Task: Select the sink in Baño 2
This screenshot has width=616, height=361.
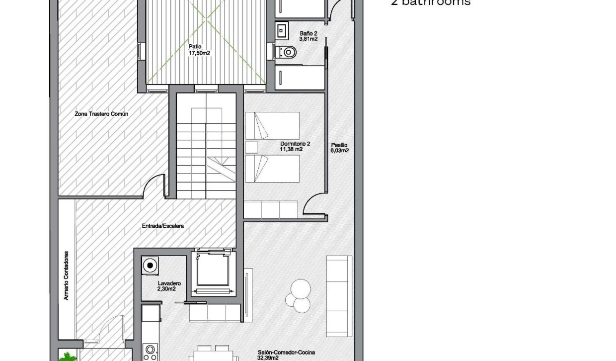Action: (x=282, y=30)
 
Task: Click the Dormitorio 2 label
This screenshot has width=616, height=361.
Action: (x=291, y=146)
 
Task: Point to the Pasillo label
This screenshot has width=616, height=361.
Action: (x=340, y=148)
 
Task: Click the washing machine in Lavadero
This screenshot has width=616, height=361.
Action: (x=150, y=266)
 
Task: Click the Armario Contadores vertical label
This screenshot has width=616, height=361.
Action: (x=66, y=275)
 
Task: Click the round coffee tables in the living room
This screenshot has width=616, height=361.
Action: (x=300, y=294)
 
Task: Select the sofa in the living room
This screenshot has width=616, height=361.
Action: (x=339, y=295)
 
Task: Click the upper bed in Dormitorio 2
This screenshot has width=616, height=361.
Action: (x=272, y=126)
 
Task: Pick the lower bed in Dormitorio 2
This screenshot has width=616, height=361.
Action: (x=272, y=168)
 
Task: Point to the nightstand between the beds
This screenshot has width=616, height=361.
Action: (x=252, y=147)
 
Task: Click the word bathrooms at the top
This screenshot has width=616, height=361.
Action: (x=436, y=3)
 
